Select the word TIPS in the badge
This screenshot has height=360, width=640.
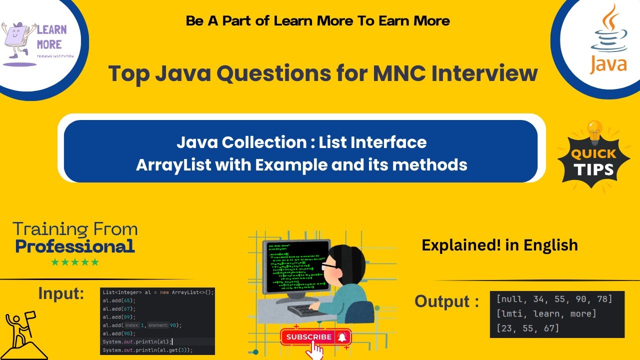pyautogui.click(x=593, y=169)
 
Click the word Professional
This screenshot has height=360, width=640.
pyautogui.click(x=75, y=246)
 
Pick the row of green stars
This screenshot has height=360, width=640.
pyautogui.click(x=75, y=262)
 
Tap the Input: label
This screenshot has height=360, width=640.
pyautogui.click(x=61, y=293)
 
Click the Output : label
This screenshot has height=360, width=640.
pyautogui.click(x=446, y=301)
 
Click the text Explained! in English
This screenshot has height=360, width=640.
pyautogui.click(x=499, y=245)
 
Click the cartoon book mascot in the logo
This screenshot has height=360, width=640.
pyautogui.click(x=19, y=40)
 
